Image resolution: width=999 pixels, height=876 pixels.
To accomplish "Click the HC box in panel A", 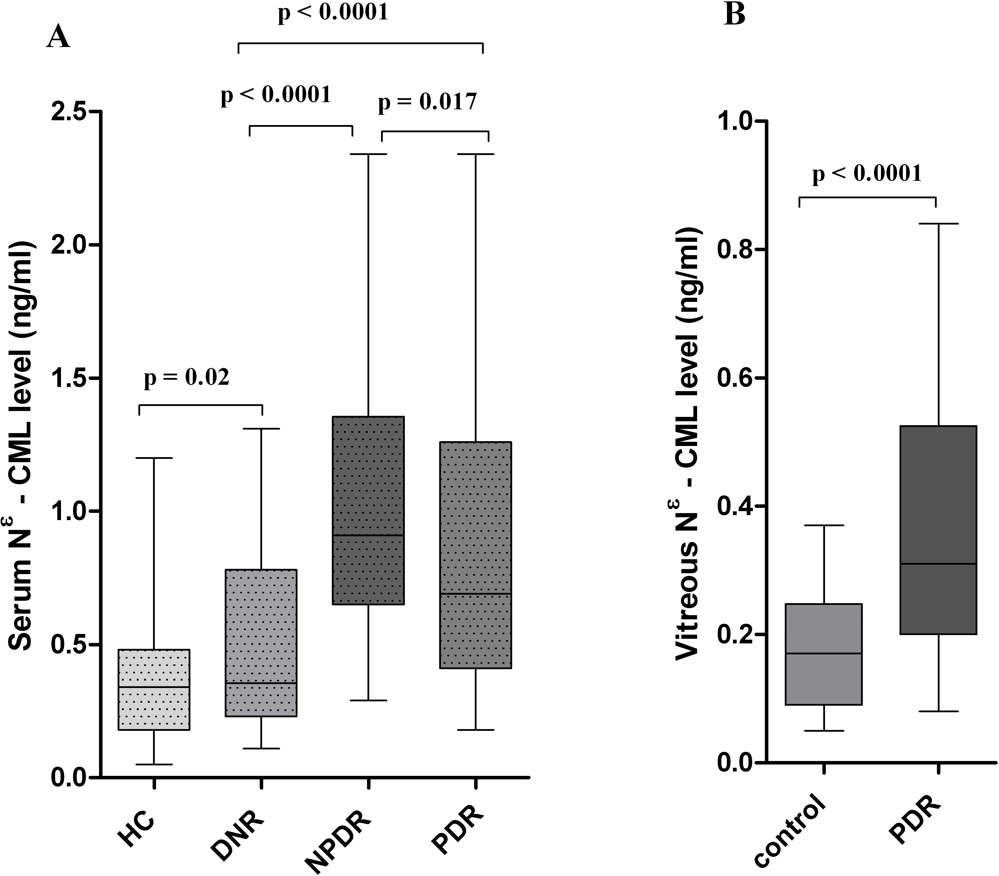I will click(155, 689).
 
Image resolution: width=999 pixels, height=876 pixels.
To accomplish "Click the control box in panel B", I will click(823, 654).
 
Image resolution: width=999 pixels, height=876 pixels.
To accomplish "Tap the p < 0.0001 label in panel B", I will click(867, 174).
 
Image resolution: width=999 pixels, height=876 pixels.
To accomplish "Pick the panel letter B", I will click(734, 15).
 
